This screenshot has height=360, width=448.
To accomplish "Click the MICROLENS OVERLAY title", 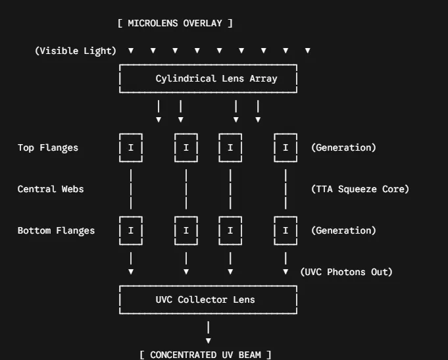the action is point(175,23).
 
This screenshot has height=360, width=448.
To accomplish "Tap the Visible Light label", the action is point(76,51).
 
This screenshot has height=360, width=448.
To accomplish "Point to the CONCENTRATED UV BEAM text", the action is point(205,355).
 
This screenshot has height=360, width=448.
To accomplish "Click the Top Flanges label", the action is point(48,147).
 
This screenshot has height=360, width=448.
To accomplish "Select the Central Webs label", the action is point(51,189).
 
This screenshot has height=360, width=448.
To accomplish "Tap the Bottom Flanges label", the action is point(56,230).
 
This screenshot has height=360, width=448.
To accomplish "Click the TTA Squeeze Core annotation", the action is point(360,189).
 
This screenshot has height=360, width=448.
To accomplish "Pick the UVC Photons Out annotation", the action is point(346,272).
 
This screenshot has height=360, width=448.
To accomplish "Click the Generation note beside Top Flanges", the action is point(343,147).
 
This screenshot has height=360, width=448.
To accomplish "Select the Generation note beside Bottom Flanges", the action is point(343,230).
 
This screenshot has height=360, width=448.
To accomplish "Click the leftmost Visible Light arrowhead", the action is point(131,51).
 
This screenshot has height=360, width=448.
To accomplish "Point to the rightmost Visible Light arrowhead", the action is point(307,51).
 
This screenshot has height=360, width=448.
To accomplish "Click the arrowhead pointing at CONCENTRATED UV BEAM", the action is point(209,341).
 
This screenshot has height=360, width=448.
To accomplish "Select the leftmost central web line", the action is point(131,189).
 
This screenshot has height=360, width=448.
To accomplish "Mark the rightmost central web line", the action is point(286,189).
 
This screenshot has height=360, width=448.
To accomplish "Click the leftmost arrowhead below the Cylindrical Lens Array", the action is point(159,120).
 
